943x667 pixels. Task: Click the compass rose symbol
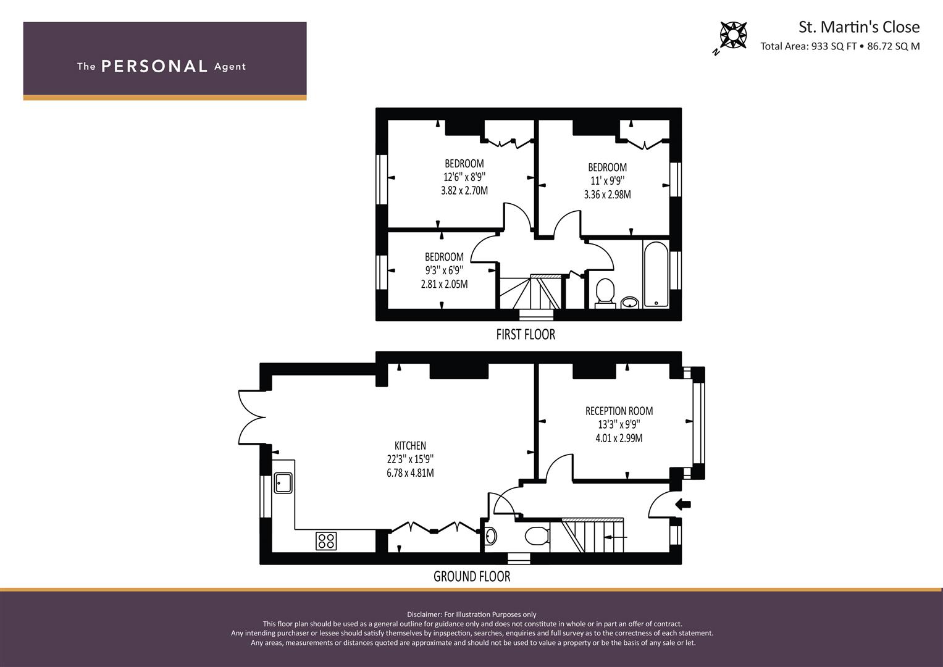coord(733,35)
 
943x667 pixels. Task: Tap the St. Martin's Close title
coord(859,27)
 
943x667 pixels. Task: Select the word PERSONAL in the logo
coord(154,66)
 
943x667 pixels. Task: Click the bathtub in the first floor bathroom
coord(656,274)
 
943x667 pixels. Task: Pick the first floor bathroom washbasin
coord(630,303)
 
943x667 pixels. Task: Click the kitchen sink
coord(283,482)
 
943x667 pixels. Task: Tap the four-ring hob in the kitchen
coord(326,541)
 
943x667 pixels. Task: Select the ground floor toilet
coord(537,537)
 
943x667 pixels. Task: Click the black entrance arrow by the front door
coord(683,504)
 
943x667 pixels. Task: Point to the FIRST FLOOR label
coord(526,334)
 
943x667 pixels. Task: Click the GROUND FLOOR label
coord(472,576)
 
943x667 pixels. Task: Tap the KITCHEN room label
coord(410,445)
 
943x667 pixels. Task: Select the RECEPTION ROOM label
coord(619,411)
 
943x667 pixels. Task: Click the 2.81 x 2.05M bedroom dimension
coord(444,284)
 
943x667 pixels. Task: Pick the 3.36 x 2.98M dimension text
coord(608,195)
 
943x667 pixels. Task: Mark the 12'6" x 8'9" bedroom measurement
coord(464,177)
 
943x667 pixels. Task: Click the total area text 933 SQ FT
coord(834,46)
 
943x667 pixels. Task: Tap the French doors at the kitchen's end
coord(252,417)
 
